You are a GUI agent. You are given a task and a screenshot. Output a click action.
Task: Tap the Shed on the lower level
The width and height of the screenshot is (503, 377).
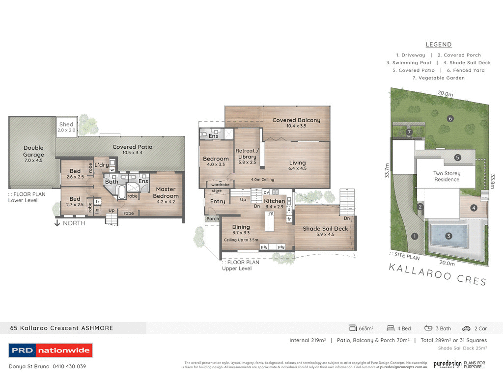pyautogui.click(x=66, y=127)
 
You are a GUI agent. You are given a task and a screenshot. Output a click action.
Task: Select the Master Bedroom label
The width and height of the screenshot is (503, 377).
pyautogui.click(x=166, y=192)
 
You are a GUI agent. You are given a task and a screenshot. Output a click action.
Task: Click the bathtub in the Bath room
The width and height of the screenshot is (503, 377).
pyautogui.click(x=122, y=192)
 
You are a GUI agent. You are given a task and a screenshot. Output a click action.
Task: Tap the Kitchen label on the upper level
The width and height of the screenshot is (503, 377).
pyautogui.click(x=274, y=201)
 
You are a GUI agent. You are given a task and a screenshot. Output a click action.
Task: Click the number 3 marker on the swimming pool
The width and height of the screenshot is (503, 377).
pyautogui.click(x=448, y=236)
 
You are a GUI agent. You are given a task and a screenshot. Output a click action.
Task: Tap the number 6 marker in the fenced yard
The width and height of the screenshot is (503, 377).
pyautogui.click(x=449, y=118)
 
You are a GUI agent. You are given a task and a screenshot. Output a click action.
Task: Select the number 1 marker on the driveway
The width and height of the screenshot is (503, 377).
pyautogui.click(x=415, y=237)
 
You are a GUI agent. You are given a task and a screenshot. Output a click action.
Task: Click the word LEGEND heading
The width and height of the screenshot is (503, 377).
pyautogui.click(x=439, y=45)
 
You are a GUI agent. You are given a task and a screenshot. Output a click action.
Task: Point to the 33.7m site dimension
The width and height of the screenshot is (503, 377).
pyautogui.click(x=387, y=172)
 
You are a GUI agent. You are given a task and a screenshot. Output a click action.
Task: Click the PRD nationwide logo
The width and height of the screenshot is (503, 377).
pyautogui.click(x=51, y=350)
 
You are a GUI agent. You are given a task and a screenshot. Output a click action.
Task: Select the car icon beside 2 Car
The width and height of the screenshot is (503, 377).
pyautogui.click(x=466, y=328)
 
